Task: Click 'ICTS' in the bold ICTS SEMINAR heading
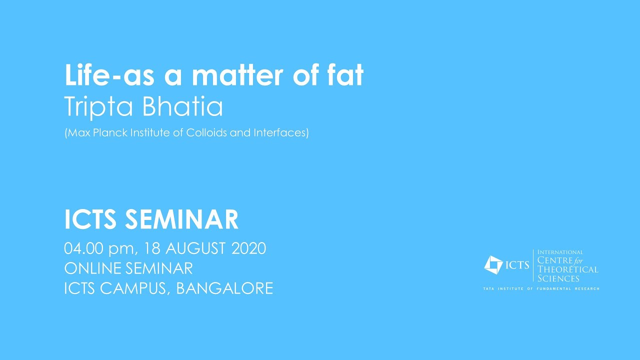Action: [90, 220]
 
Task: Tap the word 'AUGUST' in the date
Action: [197, 248]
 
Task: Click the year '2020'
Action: [248, 248]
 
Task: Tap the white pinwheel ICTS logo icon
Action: [494, 265]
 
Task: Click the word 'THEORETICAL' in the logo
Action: [568, 269]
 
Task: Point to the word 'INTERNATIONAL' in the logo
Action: [560, 252]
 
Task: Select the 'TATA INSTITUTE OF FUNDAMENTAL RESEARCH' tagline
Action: [541, 289]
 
